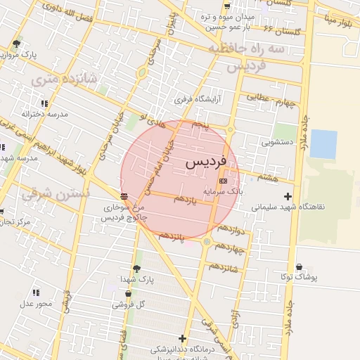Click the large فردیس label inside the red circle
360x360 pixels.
(x=206, y=162)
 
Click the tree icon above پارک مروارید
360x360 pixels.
(x=16, y=44)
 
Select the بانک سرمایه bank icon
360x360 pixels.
(x=224, y=181)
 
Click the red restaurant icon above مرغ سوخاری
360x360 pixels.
(x=124, y=195)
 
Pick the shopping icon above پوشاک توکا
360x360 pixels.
(x=300, y=267)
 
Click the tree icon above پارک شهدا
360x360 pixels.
(x=136, y=268)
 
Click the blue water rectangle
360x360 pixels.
(x=323, y=144)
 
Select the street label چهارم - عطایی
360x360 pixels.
(x=269, y=103)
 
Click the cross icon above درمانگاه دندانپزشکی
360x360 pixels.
(x=183, y=338)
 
